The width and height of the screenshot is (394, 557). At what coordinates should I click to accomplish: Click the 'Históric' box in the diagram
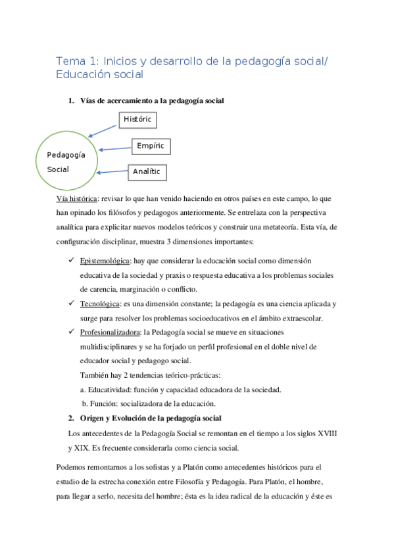[138, 119]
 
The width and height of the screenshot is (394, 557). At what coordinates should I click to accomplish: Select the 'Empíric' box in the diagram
[151, 146]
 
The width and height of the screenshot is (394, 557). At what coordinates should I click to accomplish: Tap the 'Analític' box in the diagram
[146, 171]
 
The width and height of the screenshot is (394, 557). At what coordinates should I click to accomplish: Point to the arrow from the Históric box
[103, 129]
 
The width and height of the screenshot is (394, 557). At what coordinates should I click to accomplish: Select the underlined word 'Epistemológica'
[105, 261]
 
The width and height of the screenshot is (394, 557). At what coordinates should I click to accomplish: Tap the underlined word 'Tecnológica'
[100, 303]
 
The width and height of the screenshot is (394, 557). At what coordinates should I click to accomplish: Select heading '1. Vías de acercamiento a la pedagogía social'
[146, 100]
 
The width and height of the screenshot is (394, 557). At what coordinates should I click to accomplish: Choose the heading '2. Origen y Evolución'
[145, 418]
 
